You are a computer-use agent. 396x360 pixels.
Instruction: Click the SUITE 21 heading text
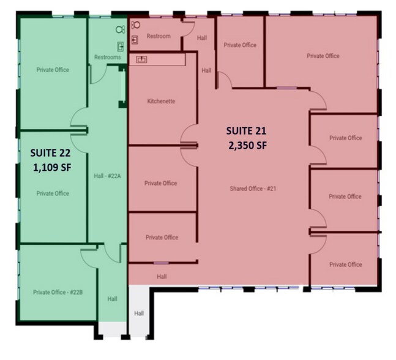(246, 131)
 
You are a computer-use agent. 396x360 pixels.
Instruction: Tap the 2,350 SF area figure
(247, 146)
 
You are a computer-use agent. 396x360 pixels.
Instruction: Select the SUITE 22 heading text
(51, 153)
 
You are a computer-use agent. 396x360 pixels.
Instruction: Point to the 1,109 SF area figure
(52, 168)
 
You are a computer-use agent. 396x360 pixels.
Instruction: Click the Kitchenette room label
(161, 101)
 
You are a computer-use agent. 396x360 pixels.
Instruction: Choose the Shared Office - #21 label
(253, 189)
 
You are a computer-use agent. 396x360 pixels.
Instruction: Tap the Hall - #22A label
(107, 176)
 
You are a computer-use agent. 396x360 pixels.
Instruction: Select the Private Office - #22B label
(58, 292)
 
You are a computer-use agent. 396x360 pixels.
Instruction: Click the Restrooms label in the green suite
(108, 57)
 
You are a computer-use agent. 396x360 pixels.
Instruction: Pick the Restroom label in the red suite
(159, 36)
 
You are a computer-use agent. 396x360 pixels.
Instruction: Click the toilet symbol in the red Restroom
(136, 24)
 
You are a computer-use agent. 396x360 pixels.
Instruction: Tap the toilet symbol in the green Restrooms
(120, 29)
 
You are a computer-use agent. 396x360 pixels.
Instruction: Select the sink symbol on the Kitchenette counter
(141, 59)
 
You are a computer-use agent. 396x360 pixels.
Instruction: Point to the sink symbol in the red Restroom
(135, 40)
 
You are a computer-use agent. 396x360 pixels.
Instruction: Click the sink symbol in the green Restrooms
(121, 47)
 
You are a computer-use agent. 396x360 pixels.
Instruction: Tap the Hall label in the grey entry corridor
(139, 313)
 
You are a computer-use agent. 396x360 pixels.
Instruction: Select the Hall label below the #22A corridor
(113, 299)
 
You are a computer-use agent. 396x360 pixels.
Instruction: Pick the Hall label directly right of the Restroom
(202, 38)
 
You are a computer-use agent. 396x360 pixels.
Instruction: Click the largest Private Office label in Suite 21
(323, 56)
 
